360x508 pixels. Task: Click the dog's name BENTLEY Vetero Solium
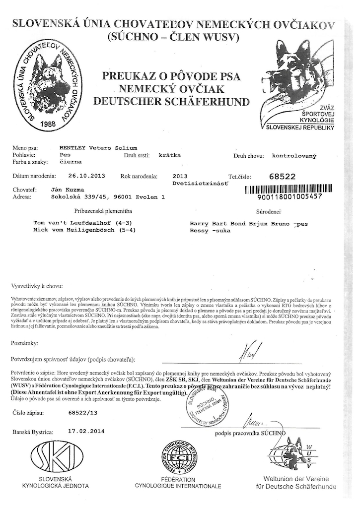pos(98,148)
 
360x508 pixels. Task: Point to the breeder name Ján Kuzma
pos(68,190)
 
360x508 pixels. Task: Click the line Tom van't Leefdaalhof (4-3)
pos(83,223)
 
